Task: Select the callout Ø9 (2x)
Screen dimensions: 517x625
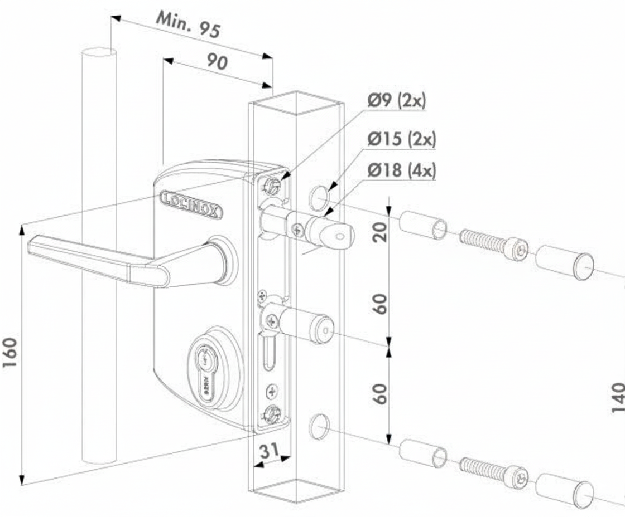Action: (396, 101)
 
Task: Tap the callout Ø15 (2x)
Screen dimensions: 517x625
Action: (401, 139)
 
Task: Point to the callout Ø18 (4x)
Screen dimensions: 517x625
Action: (401, 169)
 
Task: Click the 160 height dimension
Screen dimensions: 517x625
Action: (11, 353)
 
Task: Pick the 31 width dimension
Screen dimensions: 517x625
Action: (270, 452)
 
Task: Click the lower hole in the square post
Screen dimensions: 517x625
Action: (319, 426)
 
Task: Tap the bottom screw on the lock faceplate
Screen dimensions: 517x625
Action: (272, 413)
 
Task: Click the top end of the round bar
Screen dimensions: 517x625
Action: (99, 53)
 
